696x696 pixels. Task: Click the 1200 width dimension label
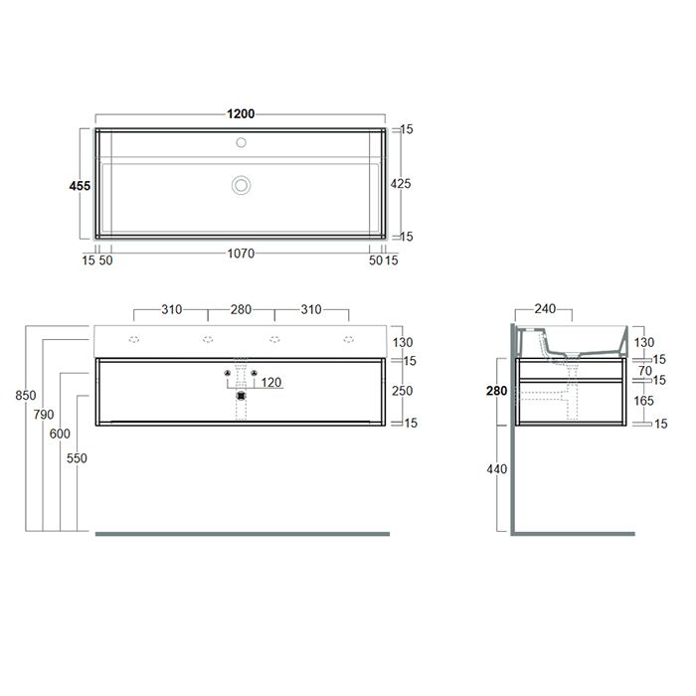[x=241, y=114]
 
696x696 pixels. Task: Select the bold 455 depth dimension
[x=80, y=186]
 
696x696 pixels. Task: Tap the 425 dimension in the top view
[x=401, y=183]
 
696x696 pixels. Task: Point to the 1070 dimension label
[x=241, y=254]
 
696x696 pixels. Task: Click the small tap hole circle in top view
[x=241, y=142]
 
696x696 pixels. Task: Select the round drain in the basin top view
[x=241, y=185]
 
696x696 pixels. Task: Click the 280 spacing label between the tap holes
[x=241, y=309]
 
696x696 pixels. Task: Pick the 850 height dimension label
[x=26, y=395]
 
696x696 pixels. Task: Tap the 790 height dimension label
[x=44, y=415]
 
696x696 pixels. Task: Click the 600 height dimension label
[x=60, y=434]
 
